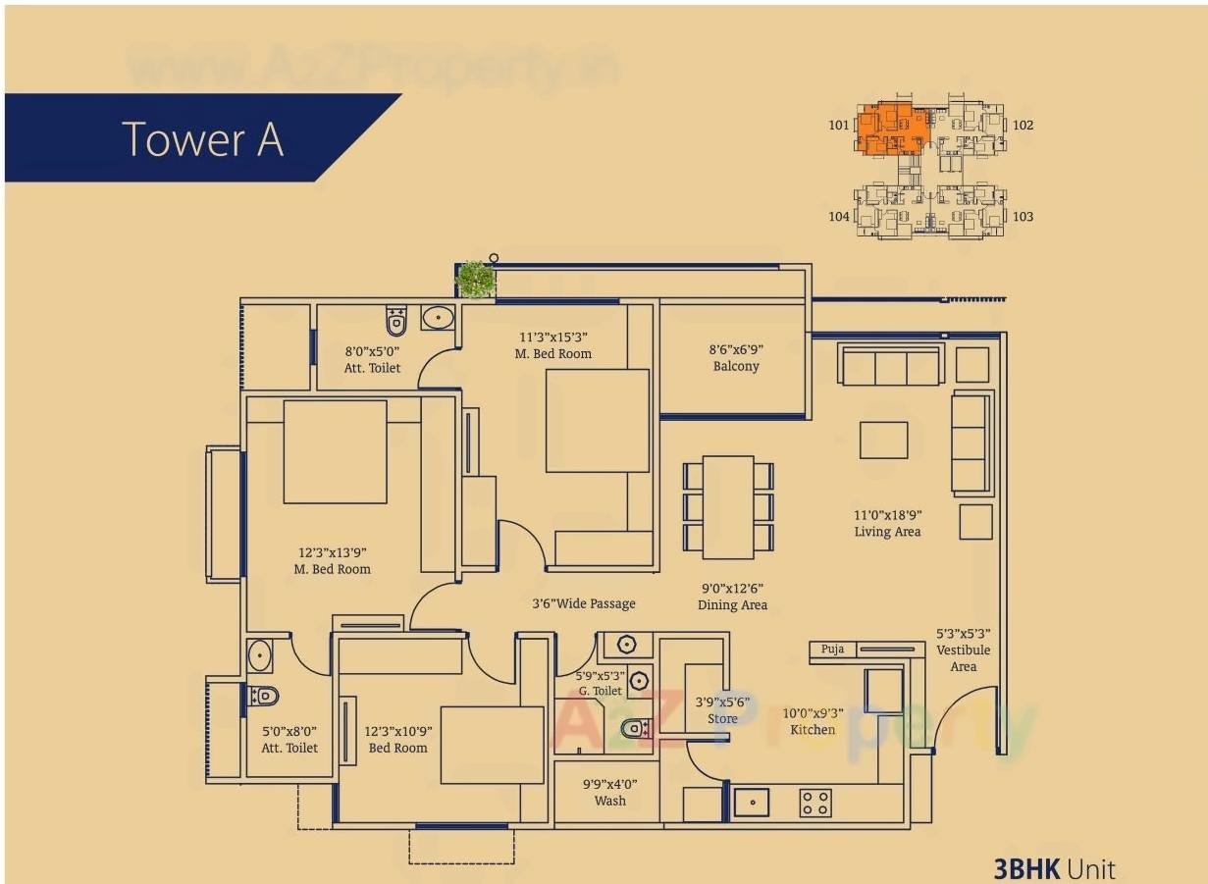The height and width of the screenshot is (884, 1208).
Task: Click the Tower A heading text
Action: [x=203, y=138]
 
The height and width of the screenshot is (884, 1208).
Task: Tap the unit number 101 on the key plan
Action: [x=838, y=125]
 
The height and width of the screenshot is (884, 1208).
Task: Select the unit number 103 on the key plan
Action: [x=1023, y=216]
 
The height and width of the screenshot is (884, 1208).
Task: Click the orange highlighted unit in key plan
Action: [x=892, y=129]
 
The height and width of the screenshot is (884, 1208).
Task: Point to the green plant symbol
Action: [x=476, y=279]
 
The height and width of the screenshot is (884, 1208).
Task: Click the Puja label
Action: [x=832, y=650]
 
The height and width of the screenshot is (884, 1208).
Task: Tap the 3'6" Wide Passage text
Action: [x=583, y=603]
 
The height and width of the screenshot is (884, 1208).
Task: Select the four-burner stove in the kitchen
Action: [x=815, y=803]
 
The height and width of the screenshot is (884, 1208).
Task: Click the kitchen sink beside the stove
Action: [x=751, y=803]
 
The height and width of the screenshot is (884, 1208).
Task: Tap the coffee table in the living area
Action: [x=883, y=440]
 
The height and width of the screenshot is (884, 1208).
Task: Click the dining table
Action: [x=728, y=506]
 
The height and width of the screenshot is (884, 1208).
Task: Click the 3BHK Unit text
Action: [x=1054, y=868]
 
